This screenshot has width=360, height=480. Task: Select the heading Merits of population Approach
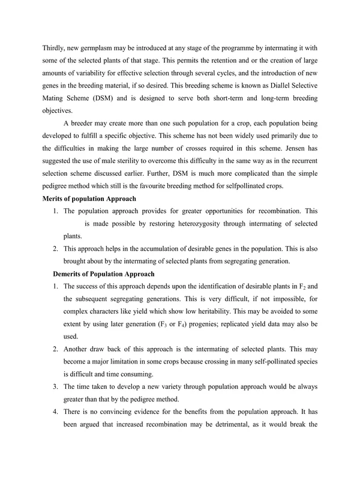89,199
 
